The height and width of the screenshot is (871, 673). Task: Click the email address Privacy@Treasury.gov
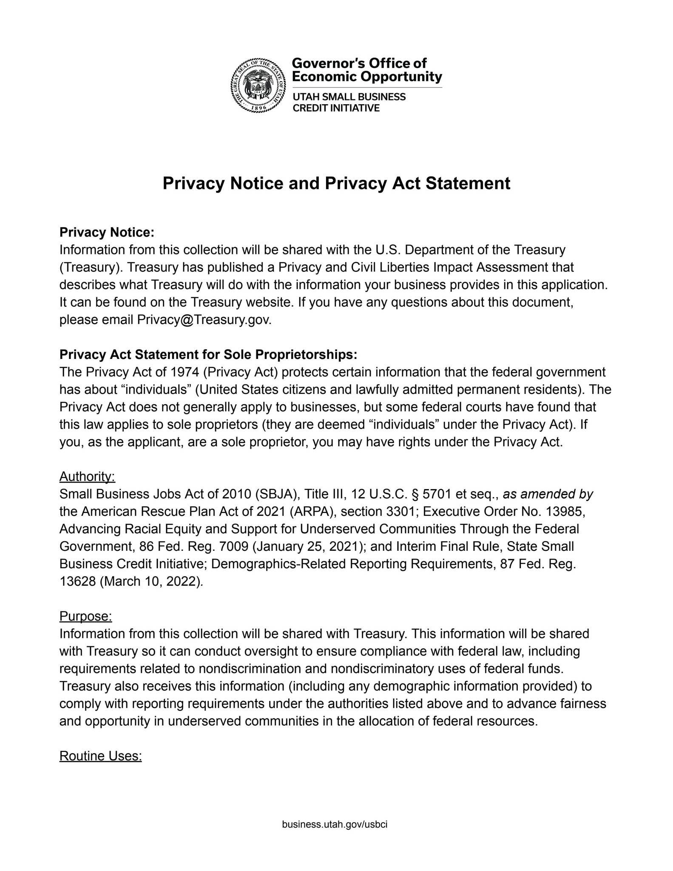click(x=204, y=320)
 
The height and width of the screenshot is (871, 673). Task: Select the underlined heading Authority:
click(x=87, y=477)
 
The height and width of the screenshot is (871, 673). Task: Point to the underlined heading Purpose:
click(x=85, y=616)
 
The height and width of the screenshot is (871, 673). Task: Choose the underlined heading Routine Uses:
click(x=100, y=756)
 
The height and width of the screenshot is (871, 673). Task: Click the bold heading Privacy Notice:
click(x=106, y=233)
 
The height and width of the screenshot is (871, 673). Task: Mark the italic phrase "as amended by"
click(x=548, y=494)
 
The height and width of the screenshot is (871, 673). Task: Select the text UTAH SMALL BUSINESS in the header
click(x=349, y=97)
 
